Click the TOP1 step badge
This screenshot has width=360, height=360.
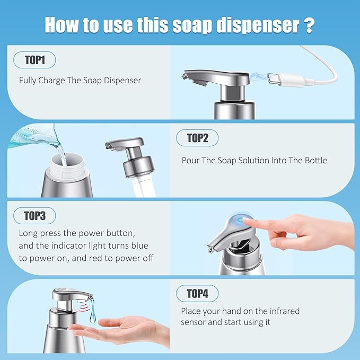[34, 60]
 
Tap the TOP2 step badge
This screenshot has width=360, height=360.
[197, 138]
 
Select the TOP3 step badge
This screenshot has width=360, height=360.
[34, 216]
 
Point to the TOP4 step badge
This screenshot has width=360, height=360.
[197, 293]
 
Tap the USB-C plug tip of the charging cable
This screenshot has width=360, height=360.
[273, 78]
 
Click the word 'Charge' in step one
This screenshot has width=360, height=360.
[51, 81]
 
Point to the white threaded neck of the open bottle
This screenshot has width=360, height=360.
[67, 166]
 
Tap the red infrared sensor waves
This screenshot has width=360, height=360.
[84, 307]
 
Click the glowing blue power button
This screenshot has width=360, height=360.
[241, 220]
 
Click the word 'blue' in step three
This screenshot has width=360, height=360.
[139, 245]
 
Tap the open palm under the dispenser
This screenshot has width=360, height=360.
[119, 331]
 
